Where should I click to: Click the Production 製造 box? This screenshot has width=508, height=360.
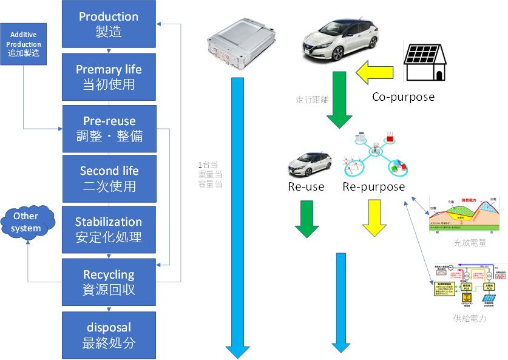[109, 24]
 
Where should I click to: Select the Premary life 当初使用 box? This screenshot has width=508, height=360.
[109, 76]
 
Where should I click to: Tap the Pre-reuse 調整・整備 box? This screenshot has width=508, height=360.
[109, 128]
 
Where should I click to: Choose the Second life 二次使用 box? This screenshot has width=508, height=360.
[109, 178]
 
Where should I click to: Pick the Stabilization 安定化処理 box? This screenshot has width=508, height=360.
[109, 229]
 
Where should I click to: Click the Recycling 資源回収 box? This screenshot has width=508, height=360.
[109, 282]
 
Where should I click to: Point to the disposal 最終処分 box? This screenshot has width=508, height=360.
[109, 335]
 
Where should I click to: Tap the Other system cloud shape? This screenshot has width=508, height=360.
[26, 222]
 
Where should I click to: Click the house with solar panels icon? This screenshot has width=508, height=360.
[426, 63]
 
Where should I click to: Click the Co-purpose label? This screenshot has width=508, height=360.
[404, 97]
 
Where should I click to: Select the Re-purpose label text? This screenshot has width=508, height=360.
[373, 187]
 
